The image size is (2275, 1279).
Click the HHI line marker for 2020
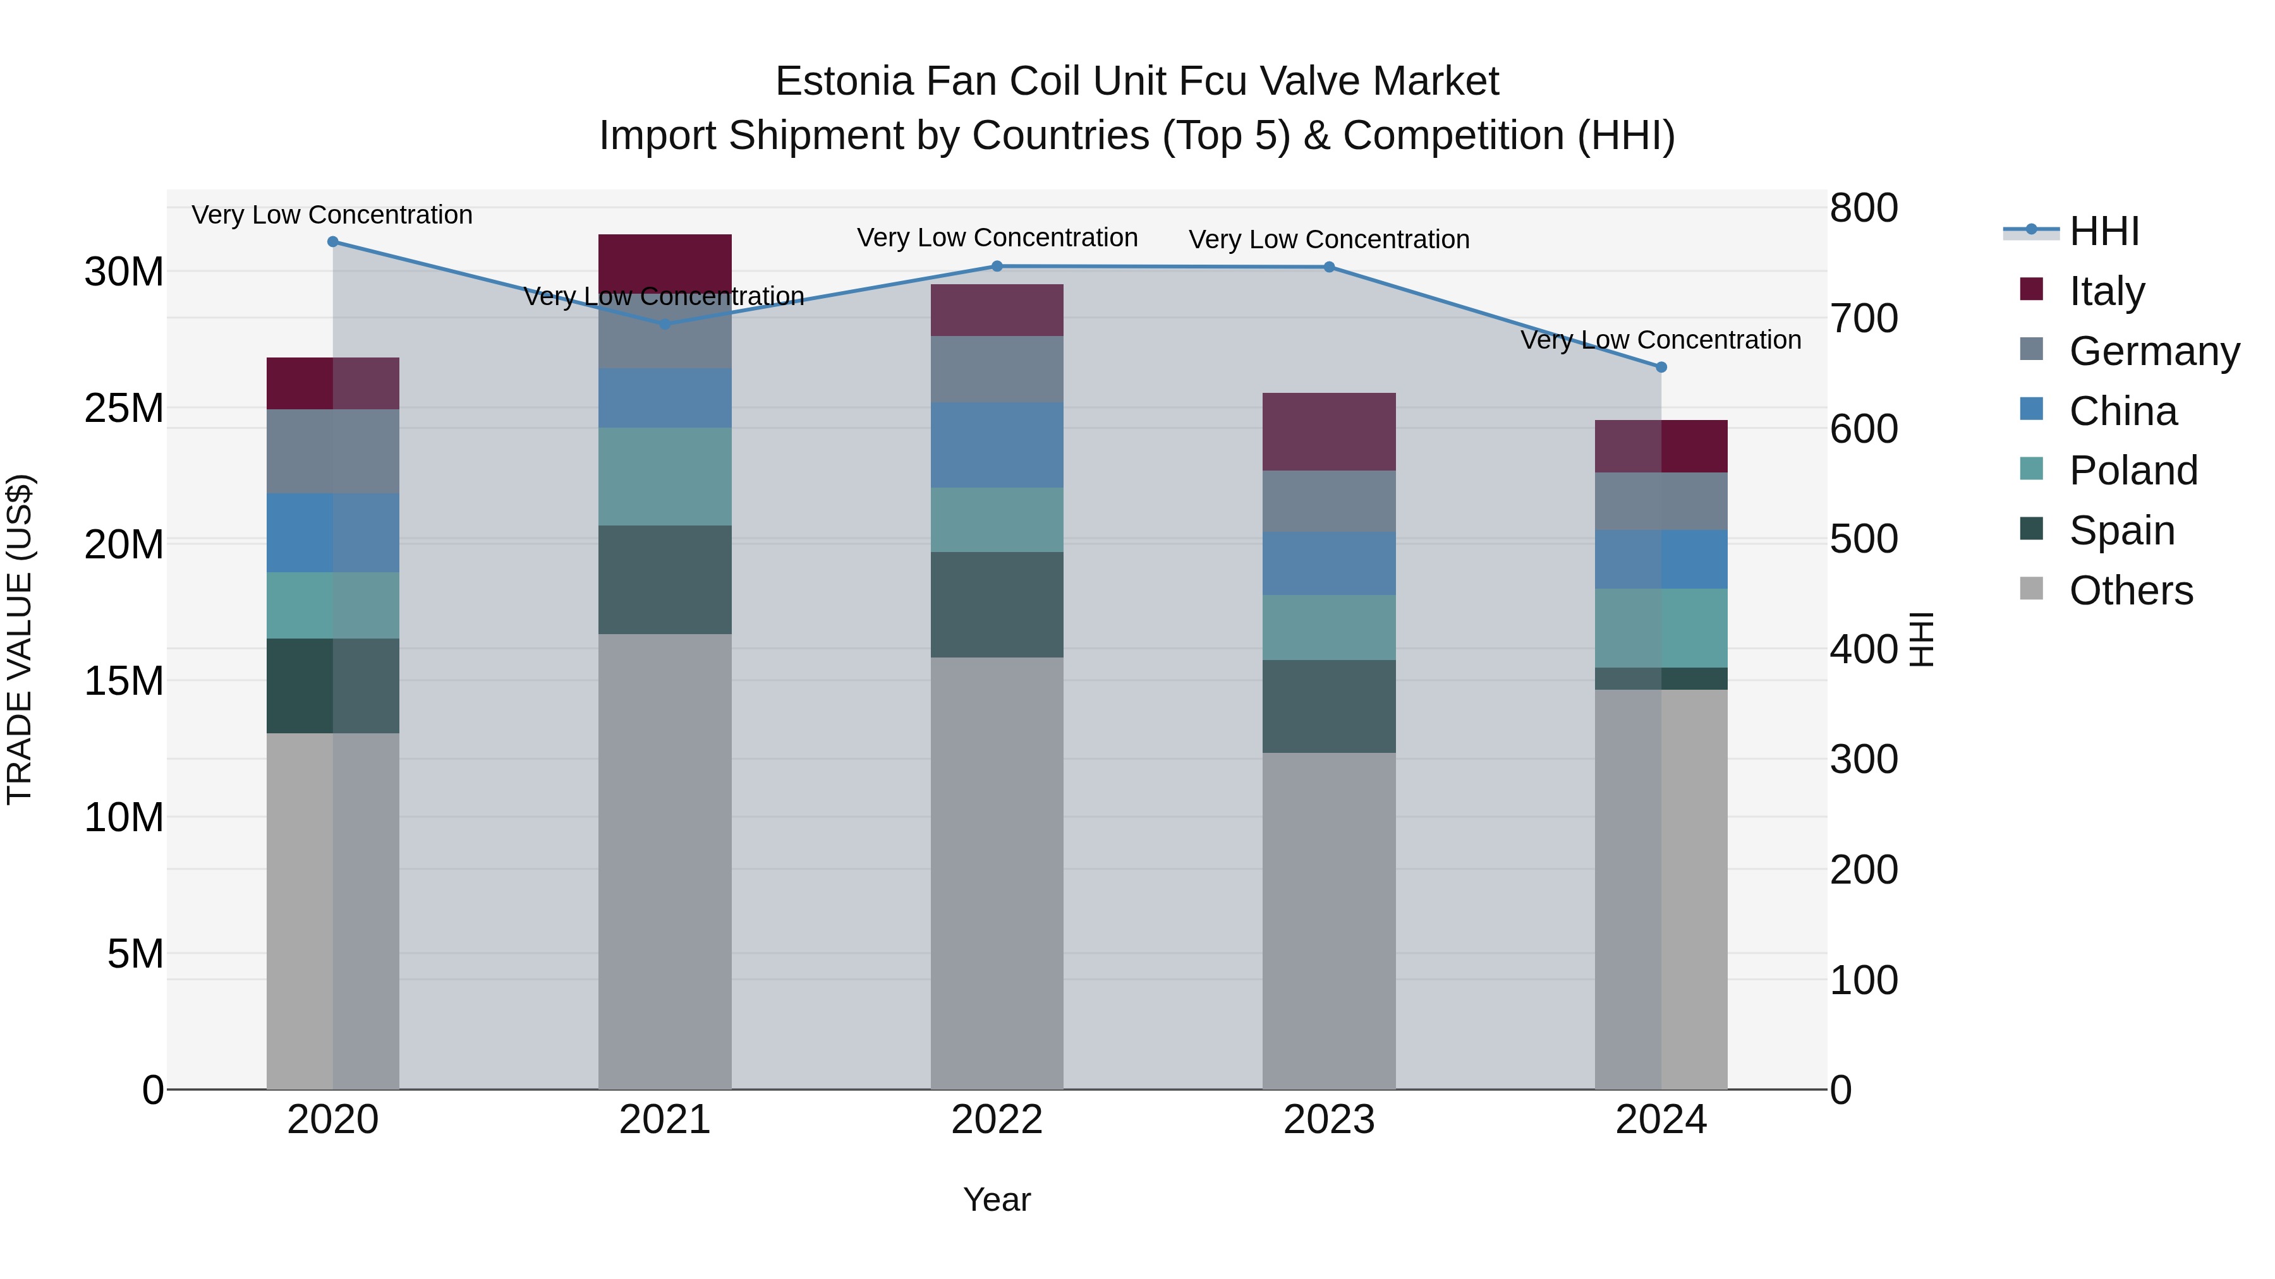click(333, 242)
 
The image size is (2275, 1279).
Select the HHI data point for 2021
click(665, 324)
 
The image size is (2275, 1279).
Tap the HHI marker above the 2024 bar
click(1661, 367)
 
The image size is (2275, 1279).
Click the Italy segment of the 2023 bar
click(1329, 431)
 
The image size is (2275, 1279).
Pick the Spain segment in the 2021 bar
click(665, 580)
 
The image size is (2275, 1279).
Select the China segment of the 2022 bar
click(997, 445)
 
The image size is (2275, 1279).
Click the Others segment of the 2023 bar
click(1329, 921)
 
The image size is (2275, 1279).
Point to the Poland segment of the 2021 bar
click(665, 477)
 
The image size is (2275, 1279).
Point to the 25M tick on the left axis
click(124, 408)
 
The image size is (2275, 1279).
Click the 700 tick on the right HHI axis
click(1864, 319)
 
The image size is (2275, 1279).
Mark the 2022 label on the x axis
click(997, 1120)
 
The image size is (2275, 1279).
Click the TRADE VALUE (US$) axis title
click(20, 639)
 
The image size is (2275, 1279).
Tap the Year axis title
click(997, 1199)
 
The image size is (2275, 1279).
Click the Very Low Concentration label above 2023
click(1329, 239)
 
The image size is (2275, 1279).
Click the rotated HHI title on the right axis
click(1922, 639)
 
